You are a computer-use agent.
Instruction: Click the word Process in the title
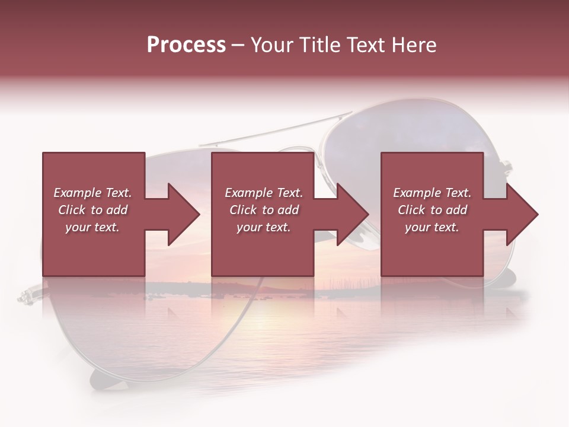coord(186,45)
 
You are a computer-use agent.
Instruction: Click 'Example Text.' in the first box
coord(92,193)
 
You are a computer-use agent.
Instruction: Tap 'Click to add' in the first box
coord(92,210)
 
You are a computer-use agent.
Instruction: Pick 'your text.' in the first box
coord(92,227)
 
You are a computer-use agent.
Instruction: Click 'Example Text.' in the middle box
coord(264,193)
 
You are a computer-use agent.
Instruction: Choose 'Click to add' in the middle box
coord(264,210)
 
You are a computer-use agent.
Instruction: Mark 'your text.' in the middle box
coord(264,227)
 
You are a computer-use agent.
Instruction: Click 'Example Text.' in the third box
coord(432,193)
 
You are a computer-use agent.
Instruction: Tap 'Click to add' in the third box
coord(432,210)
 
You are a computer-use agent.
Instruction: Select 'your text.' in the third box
coord(432,227)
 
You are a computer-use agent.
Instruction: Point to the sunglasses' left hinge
coord(27,295)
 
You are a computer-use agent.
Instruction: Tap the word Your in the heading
coord(271,45)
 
